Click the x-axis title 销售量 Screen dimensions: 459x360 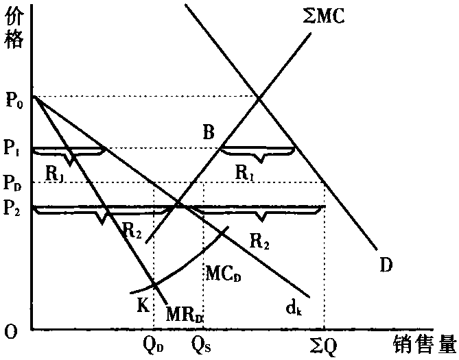(x=425, y=344)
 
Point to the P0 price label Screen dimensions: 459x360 (x=14, y=101)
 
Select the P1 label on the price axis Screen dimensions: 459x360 (x=12, y=149)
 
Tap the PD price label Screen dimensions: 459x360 (x=12, y=184)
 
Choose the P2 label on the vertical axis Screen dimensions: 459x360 (x=12, y=208)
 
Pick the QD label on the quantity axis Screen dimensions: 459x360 (x=153, y=346)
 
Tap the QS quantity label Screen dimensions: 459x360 (x=202, y=346)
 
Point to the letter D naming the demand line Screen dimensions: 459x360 (x=386, y=265)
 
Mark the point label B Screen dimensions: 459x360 (x=209, y=132)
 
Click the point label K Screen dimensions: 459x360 (x=143, y=305)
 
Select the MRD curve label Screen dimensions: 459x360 (x=185, y=315)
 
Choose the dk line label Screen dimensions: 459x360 (x=294, y=308)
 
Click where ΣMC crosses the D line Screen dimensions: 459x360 (x=259, y=99)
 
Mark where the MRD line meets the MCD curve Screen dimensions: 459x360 (x=154, y=284)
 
